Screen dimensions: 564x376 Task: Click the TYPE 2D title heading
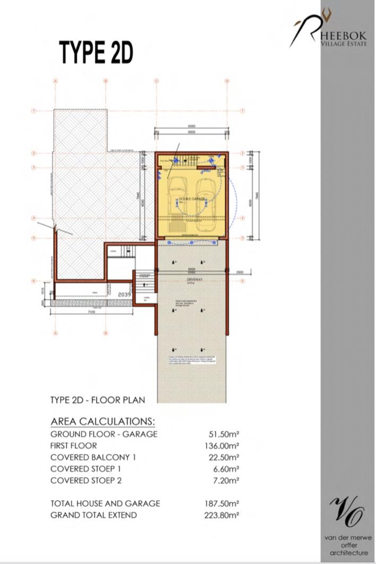[x=95, y=52]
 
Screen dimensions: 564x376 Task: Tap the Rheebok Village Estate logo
[x=331, y=31]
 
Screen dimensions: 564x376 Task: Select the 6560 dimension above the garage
[x=191, y=126]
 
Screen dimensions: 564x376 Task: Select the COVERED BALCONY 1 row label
[x=93, y=457]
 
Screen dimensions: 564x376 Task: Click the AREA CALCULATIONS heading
[x=103, y=421]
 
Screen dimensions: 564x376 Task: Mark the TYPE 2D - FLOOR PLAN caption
[x=97, y=400]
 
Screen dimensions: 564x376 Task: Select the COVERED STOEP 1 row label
[x=86, y=469]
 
